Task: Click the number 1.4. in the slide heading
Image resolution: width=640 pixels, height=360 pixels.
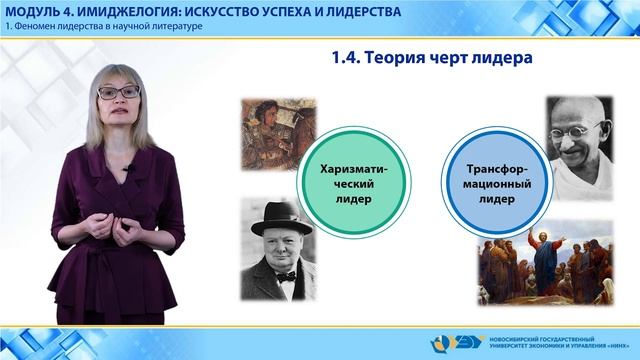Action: coord(348,60)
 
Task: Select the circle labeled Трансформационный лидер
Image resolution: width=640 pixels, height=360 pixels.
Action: coord(487,183)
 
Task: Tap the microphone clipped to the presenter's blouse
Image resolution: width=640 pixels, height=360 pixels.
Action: coord(128,168)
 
